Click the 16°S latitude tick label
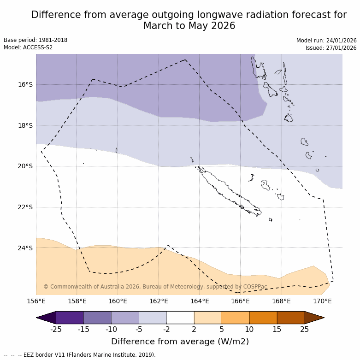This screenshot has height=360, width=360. pos(25,84)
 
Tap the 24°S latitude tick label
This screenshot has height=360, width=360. pos(25,248)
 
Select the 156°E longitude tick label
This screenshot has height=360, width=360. pos(36,301)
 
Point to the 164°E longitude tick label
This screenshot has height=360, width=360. pos(200,301)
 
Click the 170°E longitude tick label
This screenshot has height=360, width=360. pos(322,301)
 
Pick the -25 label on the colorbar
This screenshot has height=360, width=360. pos(56,329)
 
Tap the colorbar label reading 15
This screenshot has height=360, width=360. pos(277,329)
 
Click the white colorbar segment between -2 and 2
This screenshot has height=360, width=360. pos(180,318)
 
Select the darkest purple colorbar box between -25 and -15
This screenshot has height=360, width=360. pos(70,318)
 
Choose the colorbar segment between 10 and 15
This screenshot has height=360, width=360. pos(263,318)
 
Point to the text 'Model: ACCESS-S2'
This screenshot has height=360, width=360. pos(28,47)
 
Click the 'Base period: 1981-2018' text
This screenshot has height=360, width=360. pos(35,40)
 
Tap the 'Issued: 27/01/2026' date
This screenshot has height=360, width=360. pos(331,48)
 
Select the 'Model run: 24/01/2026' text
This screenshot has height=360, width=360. pos(326,41)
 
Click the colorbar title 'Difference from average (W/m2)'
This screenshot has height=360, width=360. pos(180,342)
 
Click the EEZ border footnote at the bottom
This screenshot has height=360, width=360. pos(80,355)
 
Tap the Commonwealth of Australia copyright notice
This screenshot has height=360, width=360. pos(155,287)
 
